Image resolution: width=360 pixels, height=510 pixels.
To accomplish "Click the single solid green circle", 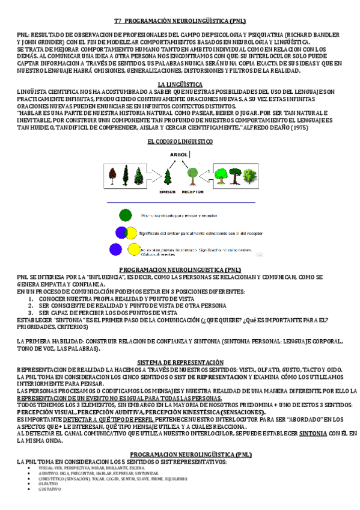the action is (125, 215).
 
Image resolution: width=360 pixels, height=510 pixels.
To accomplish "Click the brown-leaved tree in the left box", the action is (112, 176).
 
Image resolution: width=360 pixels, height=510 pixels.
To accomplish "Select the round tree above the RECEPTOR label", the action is (192, 175).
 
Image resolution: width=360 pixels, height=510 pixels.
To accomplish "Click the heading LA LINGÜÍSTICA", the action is (180, 84).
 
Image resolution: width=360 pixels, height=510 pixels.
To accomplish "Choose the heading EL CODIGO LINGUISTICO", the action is (180, 141).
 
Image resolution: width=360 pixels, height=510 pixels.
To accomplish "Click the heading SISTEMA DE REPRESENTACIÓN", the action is (180, 362).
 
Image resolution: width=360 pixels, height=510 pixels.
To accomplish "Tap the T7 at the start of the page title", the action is (118, 20).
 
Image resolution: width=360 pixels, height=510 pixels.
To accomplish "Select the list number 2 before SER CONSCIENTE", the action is (31, 306).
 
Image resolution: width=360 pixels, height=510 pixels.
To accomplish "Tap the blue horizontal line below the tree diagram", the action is (180, 203).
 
